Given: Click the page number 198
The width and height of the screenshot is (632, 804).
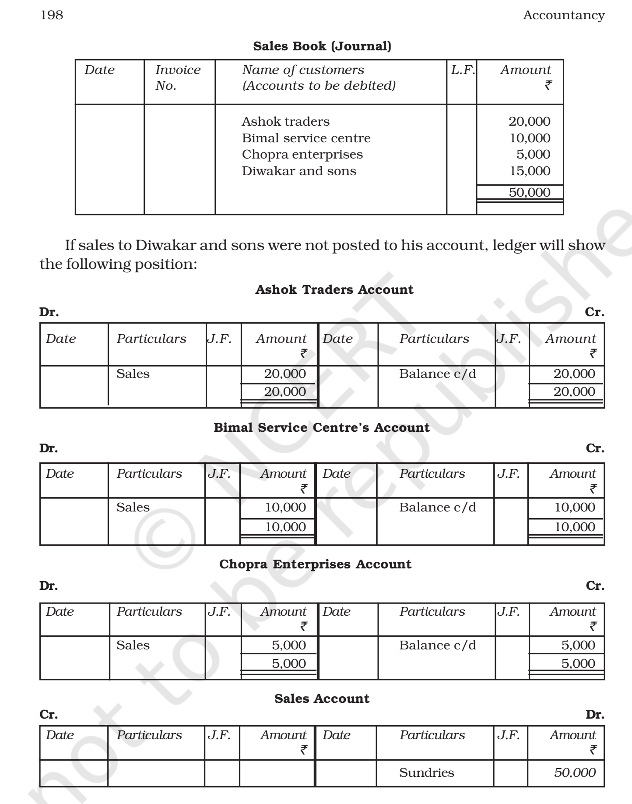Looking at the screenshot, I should [x=52, y=15].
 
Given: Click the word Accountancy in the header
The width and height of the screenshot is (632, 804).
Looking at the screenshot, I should [x=563, y=15].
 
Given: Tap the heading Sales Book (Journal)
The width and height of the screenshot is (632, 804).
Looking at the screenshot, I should [x=322, y=46].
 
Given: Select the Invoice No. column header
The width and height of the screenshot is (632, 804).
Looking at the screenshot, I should [x=178, y=78].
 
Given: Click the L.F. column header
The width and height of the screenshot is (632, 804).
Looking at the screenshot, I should [x=463, y=70].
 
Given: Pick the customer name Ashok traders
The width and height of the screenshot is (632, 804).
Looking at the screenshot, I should [x=285, y=121].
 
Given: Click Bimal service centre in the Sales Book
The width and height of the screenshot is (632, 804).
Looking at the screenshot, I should [x=306, y=138].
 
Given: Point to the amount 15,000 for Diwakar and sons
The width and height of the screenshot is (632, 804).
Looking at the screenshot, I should [x=530, y=171].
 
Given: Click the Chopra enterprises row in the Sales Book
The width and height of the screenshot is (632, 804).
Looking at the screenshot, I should [x=302, y=154].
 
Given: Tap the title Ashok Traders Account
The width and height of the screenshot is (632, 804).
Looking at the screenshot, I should [x=334, y=289].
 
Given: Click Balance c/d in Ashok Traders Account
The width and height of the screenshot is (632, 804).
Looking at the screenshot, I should [x=437, y=374].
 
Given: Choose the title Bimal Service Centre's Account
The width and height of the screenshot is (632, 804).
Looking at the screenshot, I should [x=322, y=427].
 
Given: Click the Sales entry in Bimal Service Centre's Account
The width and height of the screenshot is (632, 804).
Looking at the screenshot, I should [x=133, y=507].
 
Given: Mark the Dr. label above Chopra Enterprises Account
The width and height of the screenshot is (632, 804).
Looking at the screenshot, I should [x=49, y=585].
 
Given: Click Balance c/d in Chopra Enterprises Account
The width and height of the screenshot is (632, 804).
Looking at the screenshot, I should [x=437, y=645].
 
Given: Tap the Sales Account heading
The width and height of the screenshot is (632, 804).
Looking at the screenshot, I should [x=322, y=698].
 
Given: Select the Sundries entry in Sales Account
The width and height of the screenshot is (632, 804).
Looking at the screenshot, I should [x=426, y=772].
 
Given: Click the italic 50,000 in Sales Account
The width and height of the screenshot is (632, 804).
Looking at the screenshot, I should [x=574, y=772].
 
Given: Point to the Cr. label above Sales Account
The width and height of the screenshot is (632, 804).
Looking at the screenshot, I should [x=49, y=714].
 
